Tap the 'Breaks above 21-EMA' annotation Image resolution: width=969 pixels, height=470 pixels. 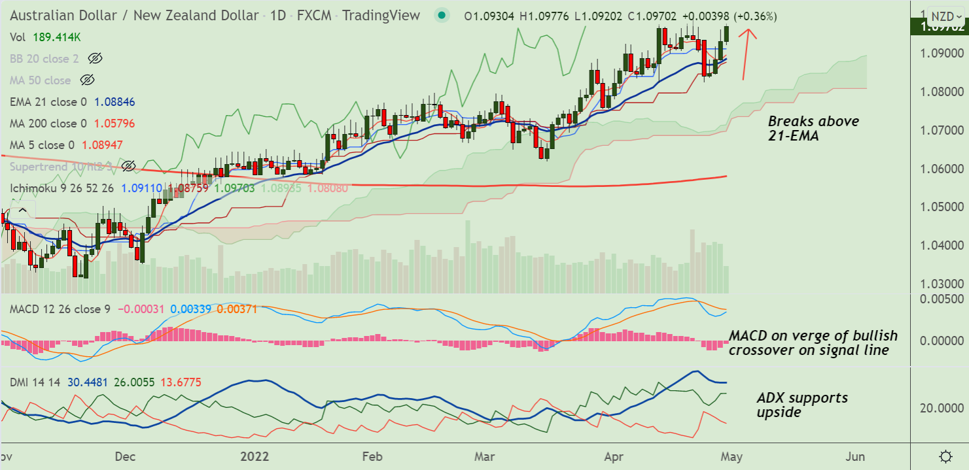813,128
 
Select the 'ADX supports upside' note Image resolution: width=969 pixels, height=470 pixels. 802,405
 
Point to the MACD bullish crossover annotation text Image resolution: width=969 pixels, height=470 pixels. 813,343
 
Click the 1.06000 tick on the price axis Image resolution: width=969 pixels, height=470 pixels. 942,169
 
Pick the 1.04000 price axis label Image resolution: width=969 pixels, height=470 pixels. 942,246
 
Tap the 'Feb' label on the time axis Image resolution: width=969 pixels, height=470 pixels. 372,456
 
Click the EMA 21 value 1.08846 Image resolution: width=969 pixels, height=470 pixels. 115,102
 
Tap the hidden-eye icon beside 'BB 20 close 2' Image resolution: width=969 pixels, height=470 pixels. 95,59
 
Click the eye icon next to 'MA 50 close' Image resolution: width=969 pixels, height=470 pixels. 87,80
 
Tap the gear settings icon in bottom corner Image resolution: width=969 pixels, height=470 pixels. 945,456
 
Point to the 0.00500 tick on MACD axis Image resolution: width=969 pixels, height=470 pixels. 942,299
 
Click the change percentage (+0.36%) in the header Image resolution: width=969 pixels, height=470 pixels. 756,16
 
